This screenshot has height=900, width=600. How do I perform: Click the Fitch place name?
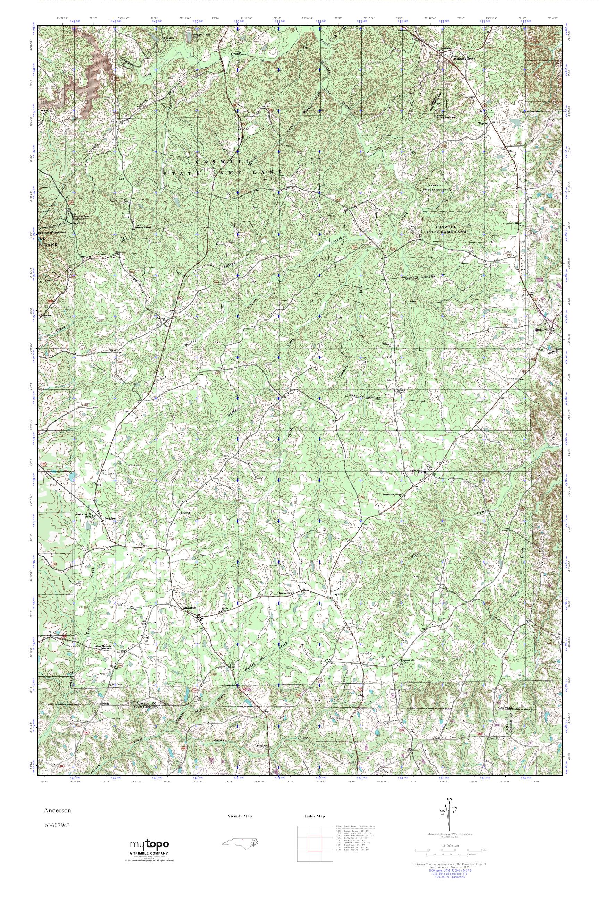(x=113, y=350)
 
